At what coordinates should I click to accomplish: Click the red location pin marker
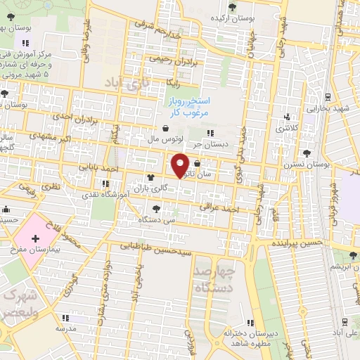(180, 165)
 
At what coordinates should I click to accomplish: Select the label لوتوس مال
(164, 139)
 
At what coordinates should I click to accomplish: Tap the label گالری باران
(150, 188)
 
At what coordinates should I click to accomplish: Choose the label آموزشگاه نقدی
(103, 192)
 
